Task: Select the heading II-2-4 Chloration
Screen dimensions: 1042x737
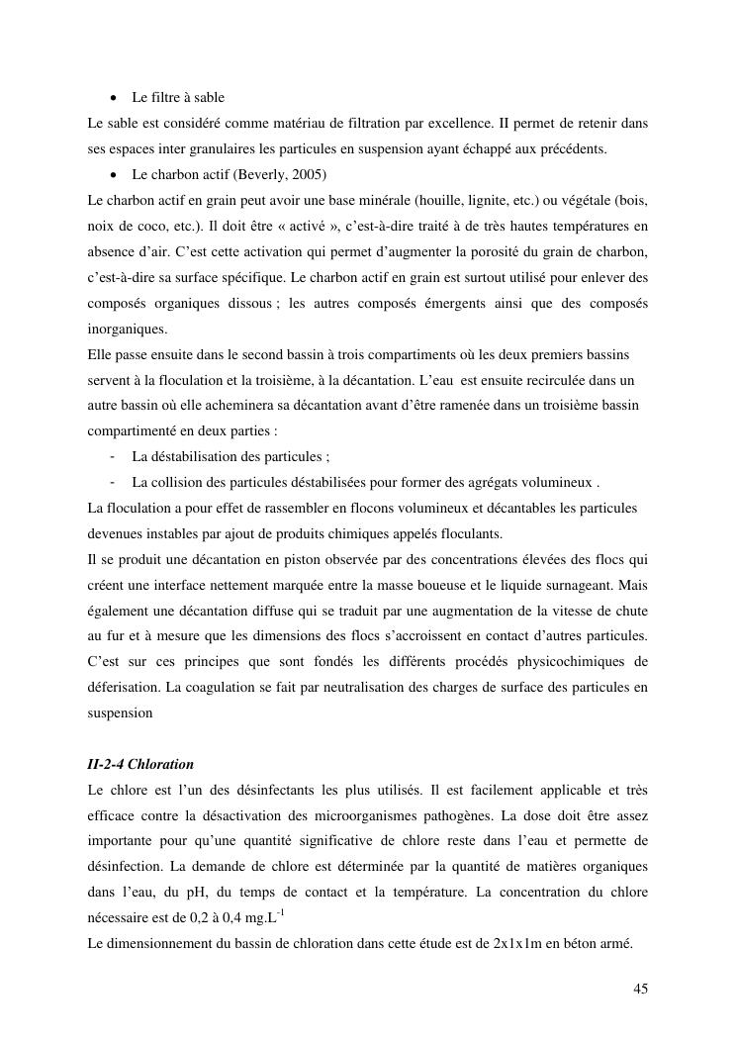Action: click(x=140, y=765)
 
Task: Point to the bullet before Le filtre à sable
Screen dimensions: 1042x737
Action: click(x=116, y=98)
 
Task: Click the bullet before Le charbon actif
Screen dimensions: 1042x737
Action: click(x=116, y=175)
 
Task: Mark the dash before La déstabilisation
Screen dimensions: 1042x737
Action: click(x=116, y=456)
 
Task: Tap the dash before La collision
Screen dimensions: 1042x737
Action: click(x=116, y=482)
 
